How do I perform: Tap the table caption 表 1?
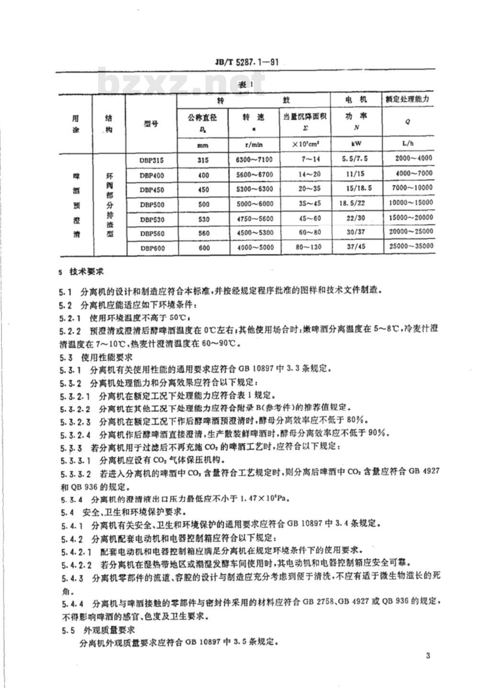click(244, 85)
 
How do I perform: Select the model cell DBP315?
click(151, 161)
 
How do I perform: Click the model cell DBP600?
click(151, 248)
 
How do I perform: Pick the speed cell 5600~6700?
click(255, 176)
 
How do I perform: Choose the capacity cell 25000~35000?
click(408, 247)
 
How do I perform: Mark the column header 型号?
click(151, 124)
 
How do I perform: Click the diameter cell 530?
click(203, 219)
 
